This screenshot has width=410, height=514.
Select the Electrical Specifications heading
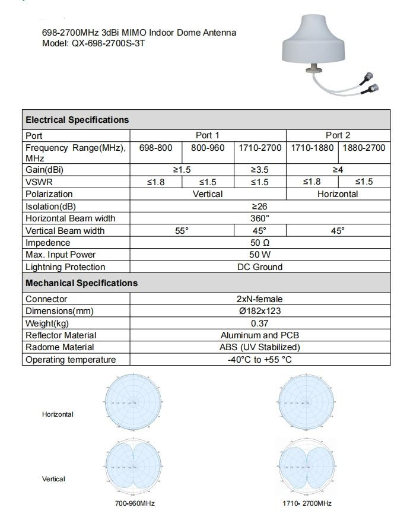(x=77, y=120)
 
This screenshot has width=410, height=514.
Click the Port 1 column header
(x=208, y=135)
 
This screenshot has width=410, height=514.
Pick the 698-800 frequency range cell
(x=155, y=147)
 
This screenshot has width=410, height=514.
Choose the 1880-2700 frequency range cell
(x=364, y=147)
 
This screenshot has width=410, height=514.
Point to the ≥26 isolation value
(x=260, y=206)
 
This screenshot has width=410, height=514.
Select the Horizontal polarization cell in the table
(x=338, y=194)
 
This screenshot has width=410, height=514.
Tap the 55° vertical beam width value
(x=182, y=230)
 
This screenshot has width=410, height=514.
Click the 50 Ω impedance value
(x=260, y=243)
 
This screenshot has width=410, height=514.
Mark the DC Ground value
(x=260, y=267)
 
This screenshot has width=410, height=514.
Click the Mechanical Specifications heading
(x=81, y=283)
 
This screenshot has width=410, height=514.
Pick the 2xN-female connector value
(x=260, y=299)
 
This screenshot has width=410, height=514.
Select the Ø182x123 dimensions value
(x=260, y=311)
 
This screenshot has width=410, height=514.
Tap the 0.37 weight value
(x=260, y=323)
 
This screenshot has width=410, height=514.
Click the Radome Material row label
(x=60, y=347)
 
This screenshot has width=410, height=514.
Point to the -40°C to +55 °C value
(x=260, y=360)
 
